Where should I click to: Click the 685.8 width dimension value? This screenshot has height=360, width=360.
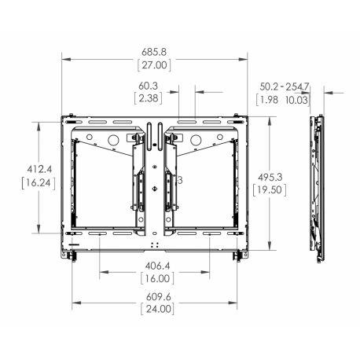coord(154,52)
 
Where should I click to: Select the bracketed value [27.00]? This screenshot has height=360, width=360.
coord(154,65)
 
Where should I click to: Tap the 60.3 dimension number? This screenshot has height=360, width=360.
coord(148,86)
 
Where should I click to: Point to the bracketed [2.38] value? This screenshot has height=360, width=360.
coord(148,98)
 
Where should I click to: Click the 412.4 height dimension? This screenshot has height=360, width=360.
coord(39,169)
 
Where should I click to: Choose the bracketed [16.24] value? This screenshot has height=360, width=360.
coord(39,182)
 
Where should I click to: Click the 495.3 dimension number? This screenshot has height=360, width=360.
coord(270,178)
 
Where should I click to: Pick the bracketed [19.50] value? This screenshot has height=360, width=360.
coord(270,189)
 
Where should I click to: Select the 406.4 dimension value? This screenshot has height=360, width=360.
coord(157,266)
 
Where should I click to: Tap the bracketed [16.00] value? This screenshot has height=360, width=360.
coord(157,278)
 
